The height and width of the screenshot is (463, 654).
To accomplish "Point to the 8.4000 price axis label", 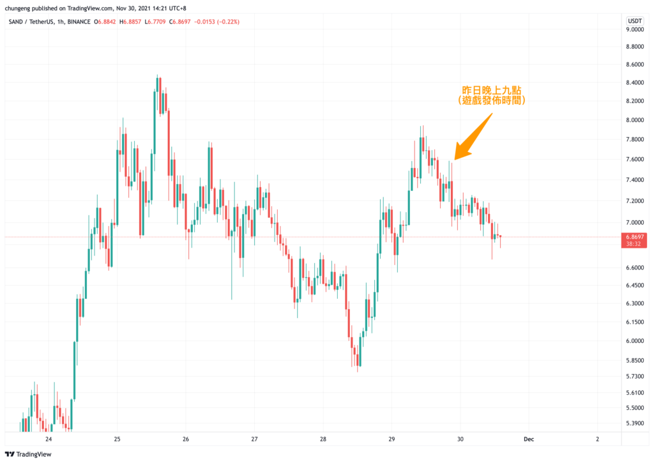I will pyautogui.click(x=635, y=82).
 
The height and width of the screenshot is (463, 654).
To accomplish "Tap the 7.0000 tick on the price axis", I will pyautogui.click(x=635, y=222).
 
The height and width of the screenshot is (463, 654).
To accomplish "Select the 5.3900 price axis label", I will pyautogui.click(x=635, y=423).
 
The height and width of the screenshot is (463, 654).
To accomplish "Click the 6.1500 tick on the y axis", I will pyautogui.click(x=635, y=321).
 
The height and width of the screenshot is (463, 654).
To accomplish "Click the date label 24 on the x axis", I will pyautogui.click(x=49, y=439).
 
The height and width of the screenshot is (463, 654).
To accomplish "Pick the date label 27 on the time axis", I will pyautogui.click(x=254, y=439).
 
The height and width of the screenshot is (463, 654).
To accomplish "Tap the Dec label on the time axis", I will pyautogui.click(x=528, y=439).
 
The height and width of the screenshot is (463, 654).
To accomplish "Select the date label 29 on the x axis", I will pyautogui.click(x=392, y=439).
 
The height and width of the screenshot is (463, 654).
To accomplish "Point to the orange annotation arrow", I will pyautogui.click(x=473, y=135).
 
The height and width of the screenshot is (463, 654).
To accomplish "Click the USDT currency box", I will pyautogui.click(x=635, y=20).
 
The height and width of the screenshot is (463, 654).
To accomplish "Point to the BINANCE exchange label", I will pyautogui.click(x=79, y=22).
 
